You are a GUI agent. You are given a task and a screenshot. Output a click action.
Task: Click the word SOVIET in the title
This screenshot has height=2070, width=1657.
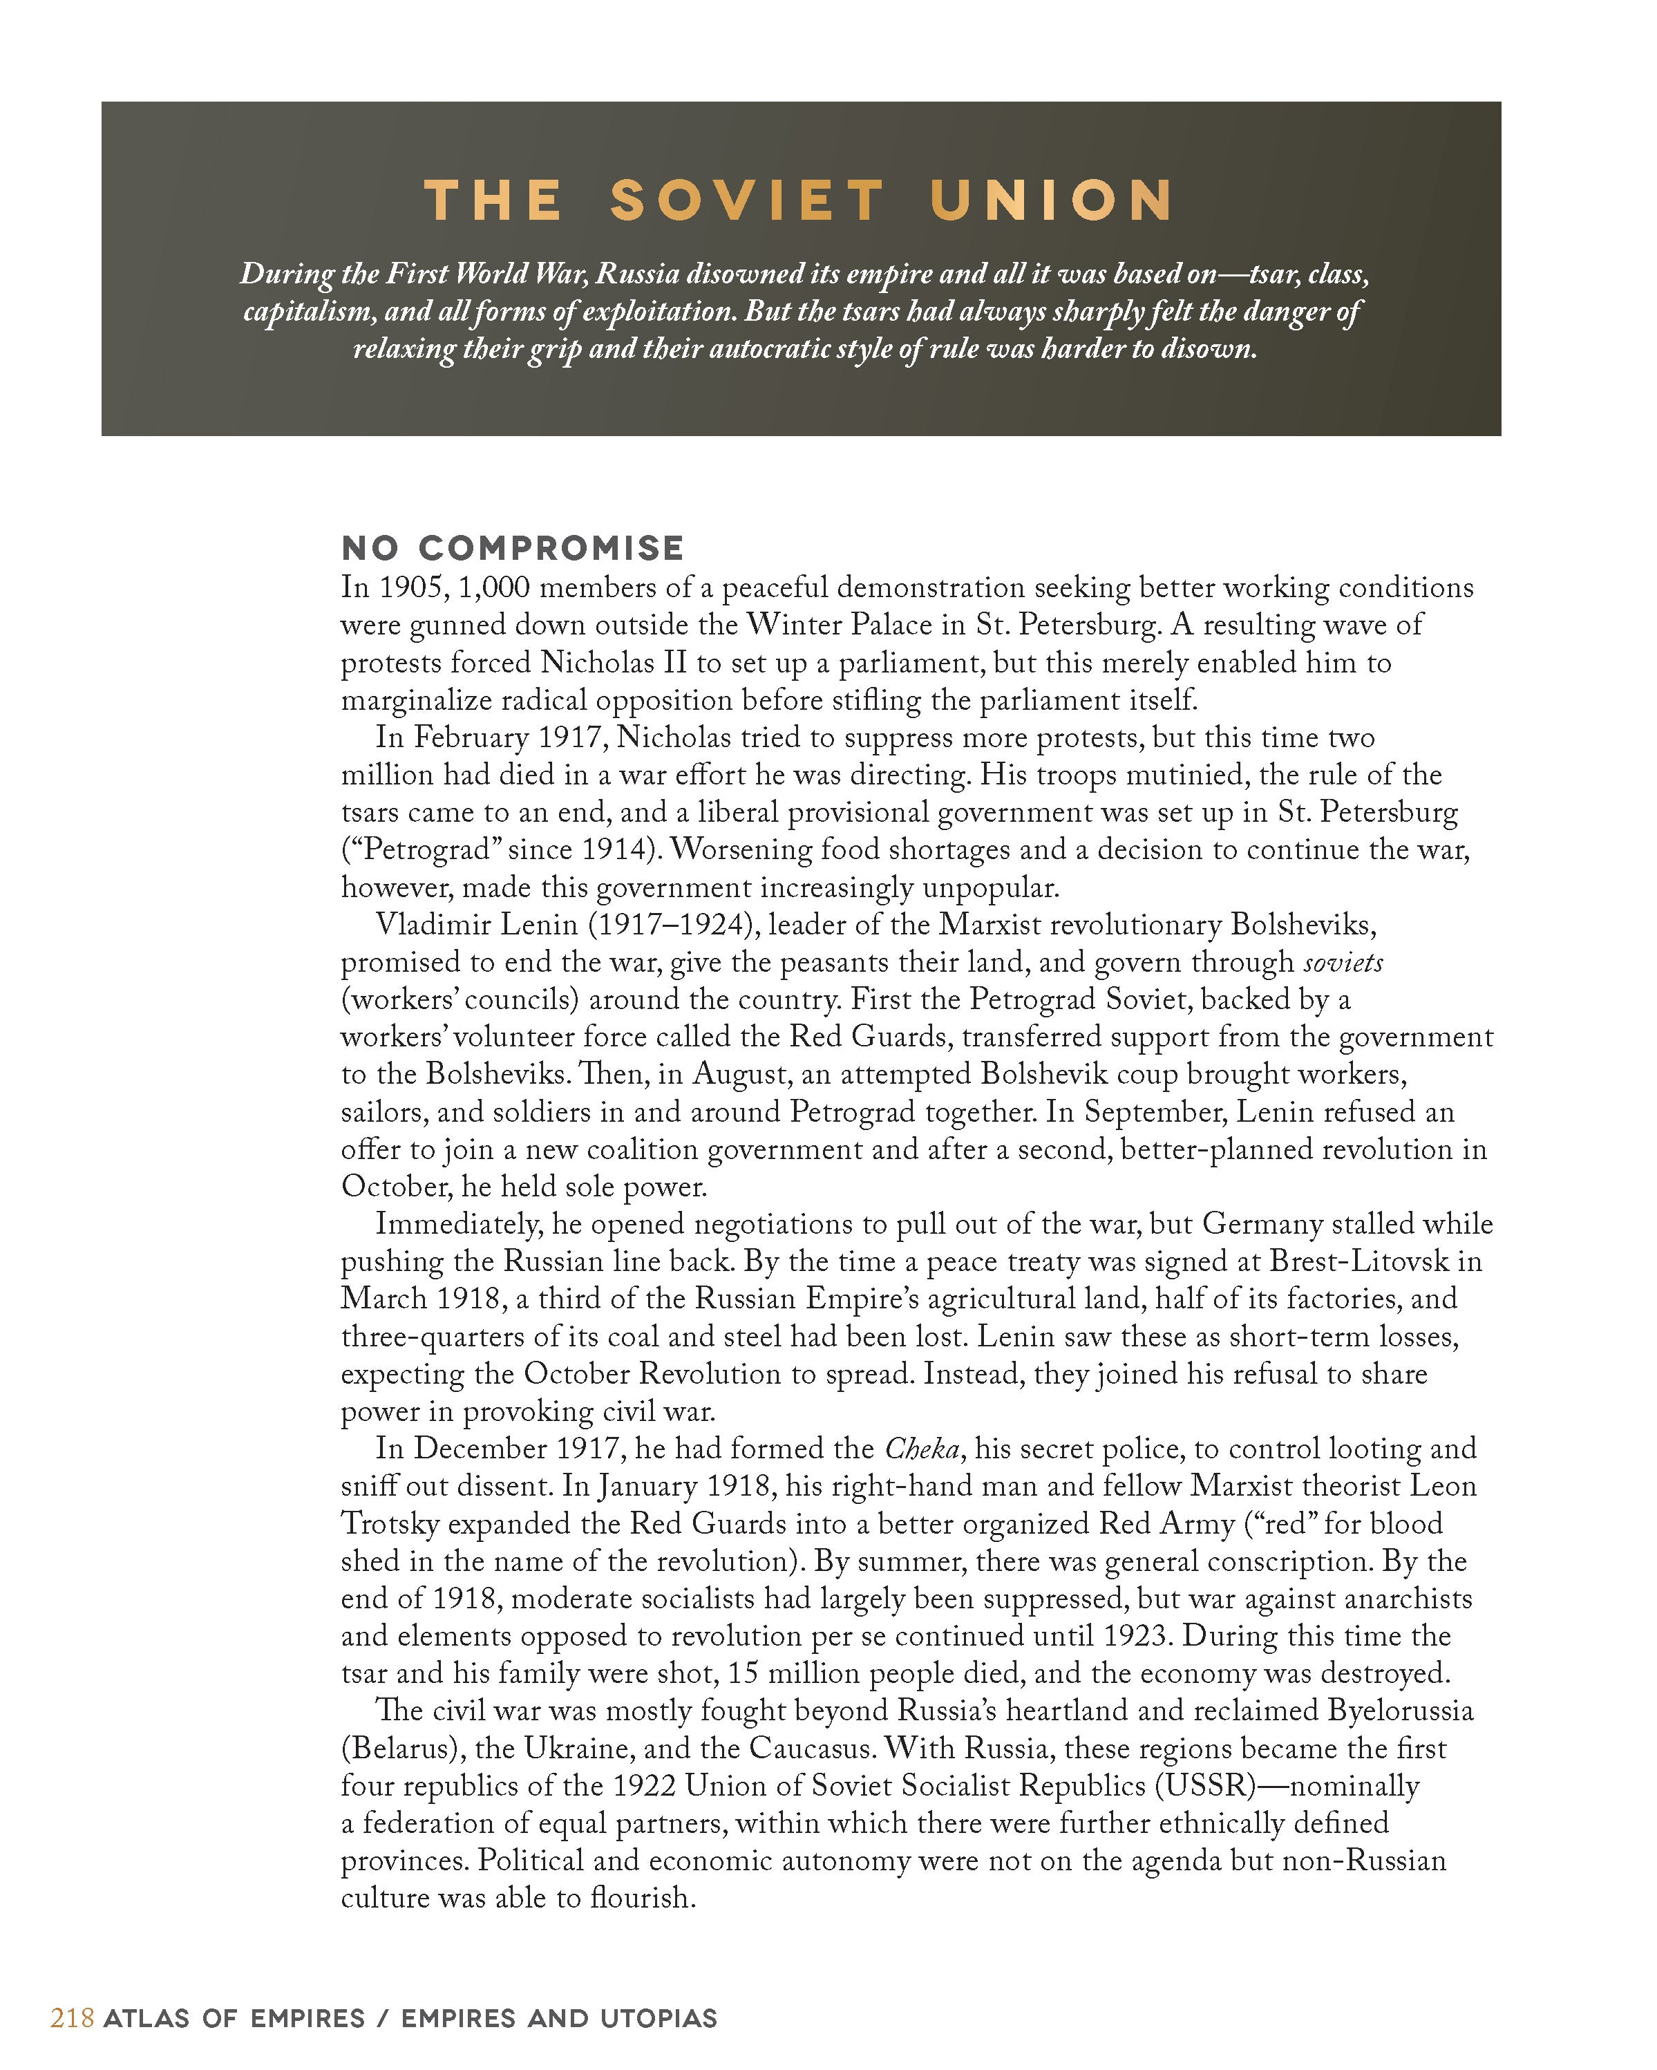pyautogui.click(x=746, y=202)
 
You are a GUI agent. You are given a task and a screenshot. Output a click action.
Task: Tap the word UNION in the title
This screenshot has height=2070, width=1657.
pyautogui.click(x=1050, y=202)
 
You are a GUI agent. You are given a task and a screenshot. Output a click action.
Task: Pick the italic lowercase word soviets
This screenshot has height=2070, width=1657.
pyautogui.click(x=1343, y=962)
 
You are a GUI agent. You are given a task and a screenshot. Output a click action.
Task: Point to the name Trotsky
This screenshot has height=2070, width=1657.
pyautogui.click(x=390, y=1524)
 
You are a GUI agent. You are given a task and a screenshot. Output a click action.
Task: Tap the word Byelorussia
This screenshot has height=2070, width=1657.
pyautogui.click(x=1401, y=1711)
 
